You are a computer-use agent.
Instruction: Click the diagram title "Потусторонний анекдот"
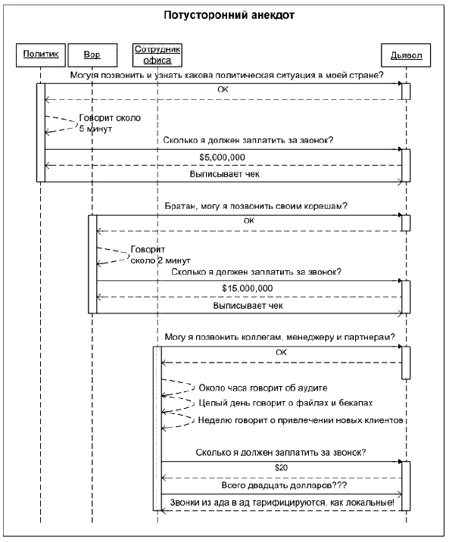(229, 15)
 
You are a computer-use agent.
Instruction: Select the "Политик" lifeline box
(41, 55)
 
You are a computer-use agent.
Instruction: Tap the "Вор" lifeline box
(92, 55)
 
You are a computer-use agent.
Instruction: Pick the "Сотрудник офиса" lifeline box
(157, 55)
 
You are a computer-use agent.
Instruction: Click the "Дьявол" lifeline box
(406, 55)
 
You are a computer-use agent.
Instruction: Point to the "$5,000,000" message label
(223, 157)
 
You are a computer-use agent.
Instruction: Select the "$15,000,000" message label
(248, 288)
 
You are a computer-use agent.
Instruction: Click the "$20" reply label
(282, 468)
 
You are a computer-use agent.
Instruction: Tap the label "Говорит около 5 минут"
(110, 123)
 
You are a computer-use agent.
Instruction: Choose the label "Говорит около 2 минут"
(161, 255)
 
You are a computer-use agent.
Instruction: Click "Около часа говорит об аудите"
(263, 388)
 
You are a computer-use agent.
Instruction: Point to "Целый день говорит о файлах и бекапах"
(285, 403)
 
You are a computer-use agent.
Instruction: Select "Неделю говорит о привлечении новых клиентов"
(301, 420)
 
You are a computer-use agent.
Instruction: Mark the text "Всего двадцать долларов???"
(284, 485)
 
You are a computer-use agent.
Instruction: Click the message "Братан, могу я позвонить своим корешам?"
(256, 206)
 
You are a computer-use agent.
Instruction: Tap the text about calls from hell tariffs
(282, 502)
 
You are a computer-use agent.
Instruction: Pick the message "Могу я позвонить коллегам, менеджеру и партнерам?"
(279, 337)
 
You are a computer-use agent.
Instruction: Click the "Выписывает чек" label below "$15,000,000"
(248, 306)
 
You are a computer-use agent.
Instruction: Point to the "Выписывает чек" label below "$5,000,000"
(225, 174)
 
